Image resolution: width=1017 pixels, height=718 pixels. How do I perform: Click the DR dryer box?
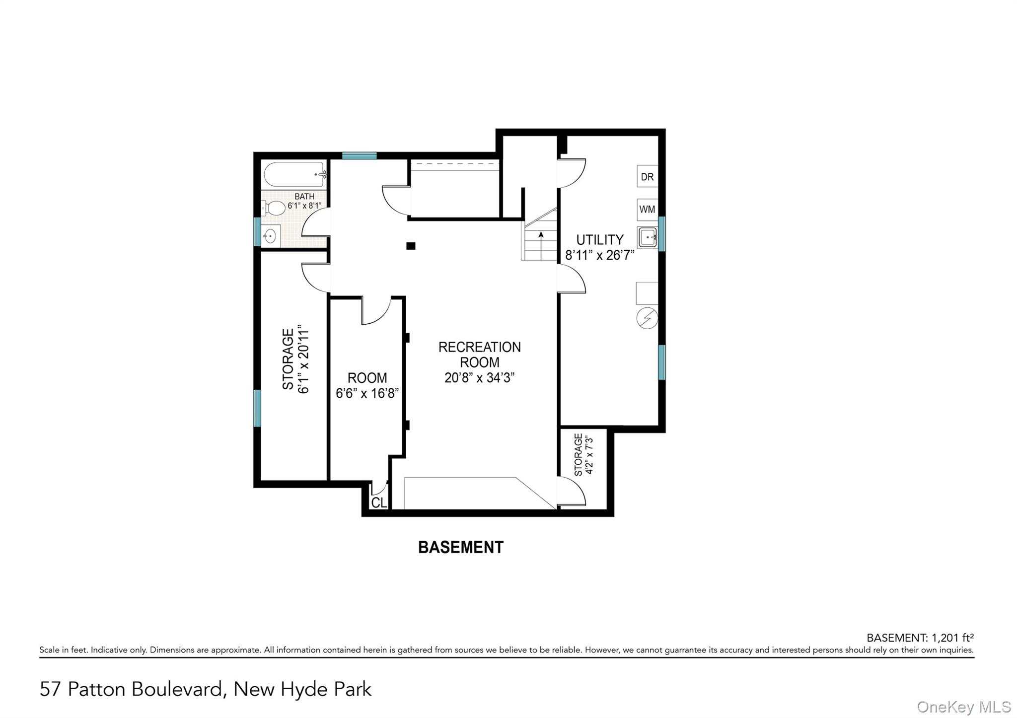click(x=647, y=177)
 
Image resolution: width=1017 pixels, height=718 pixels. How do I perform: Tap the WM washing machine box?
click(x=647, y=210)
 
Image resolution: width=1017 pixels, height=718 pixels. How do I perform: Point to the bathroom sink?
click(x=270, y=235)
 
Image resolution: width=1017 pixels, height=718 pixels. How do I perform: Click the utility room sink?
click(x=648, y=237)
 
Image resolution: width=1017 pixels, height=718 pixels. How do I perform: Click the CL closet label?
click(x=379, y=503)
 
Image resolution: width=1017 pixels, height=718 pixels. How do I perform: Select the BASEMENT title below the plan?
click(x=461, y=547)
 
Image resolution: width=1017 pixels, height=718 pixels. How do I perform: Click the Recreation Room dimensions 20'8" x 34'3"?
click(x=479, y=378)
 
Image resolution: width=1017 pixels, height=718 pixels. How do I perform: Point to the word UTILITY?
click(x=599, y=240)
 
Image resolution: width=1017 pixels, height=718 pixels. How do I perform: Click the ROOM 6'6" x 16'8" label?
click(x=367, y=385)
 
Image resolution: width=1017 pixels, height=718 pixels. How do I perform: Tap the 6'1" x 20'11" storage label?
click(x=303, y=359)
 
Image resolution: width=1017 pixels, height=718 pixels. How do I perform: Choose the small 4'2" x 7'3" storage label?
click(x=589, y=455)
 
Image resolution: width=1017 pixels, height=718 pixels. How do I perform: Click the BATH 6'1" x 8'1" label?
click(x=304, y=201)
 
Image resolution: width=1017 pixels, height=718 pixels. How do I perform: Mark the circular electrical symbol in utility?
click(x=648, y=318)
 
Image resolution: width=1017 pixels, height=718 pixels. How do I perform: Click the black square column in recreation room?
click(x=411, y=246)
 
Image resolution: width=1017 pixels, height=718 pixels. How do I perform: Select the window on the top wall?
click(x=359, y=156)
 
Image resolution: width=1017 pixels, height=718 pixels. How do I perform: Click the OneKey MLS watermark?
click(x=964, y=707)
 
